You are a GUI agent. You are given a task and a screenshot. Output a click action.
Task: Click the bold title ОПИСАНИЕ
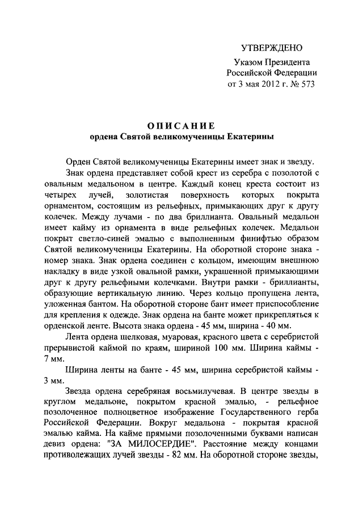click(181, 125)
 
